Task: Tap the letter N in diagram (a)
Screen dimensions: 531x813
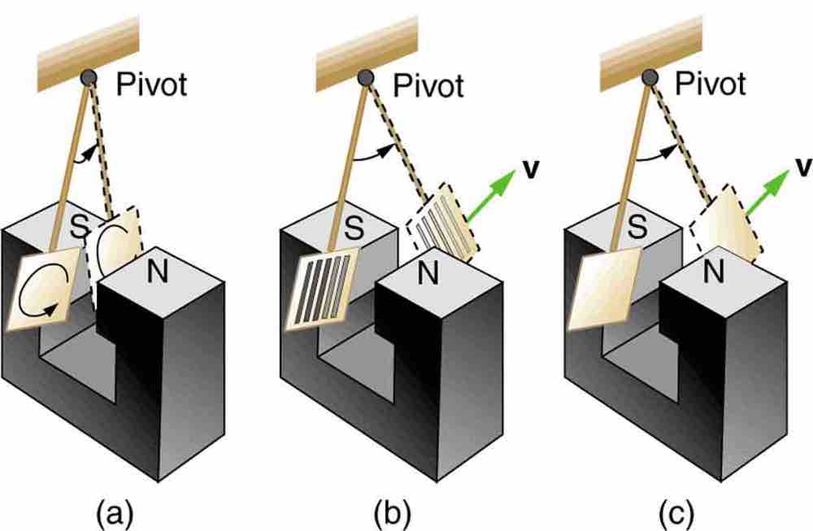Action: click(x=156, y=272)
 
